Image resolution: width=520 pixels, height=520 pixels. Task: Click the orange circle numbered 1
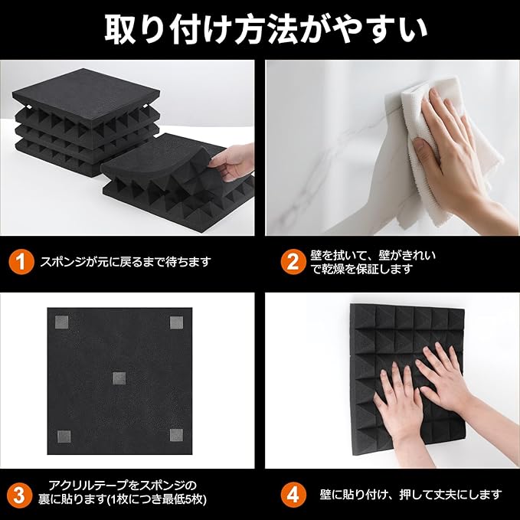21,262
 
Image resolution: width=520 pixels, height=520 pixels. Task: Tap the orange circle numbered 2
293,262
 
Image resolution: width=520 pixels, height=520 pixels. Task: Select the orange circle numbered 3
19,495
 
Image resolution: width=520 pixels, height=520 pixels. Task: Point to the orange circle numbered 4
293,495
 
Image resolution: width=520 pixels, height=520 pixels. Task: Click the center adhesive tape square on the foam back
119,378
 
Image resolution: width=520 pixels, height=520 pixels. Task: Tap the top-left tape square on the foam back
62,322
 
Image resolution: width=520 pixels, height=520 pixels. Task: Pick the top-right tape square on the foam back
176,322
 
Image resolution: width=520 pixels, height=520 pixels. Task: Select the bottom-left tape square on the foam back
64,437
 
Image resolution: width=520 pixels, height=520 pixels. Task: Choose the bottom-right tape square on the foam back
176,435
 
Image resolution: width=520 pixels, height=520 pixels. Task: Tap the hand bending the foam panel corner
232,162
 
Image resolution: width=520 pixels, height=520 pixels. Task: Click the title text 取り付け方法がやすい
266,29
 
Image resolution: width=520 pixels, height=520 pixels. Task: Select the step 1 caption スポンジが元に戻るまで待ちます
126,262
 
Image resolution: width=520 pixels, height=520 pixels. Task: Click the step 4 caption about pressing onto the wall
410,495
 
